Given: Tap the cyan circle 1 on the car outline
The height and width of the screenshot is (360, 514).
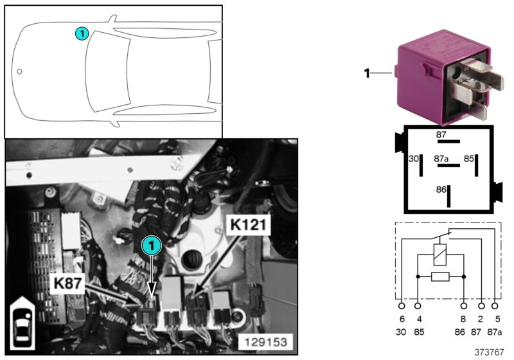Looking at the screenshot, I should pos(81,33).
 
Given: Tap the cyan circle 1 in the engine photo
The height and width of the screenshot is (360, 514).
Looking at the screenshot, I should pos(152,245).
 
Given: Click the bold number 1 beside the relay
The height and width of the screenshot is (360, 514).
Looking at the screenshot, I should pos(367,74).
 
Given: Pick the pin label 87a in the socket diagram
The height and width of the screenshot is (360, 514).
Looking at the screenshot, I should pos(441,157).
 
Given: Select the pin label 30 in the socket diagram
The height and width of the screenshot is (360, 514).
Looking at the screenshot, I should pos(414,157).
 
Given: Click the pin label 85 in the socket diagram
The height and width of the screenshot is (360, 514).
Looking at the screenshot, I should pos(469,157).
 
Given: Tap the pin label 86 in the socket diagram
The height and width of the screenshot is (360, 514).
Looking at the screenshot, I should pos(441,190).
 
